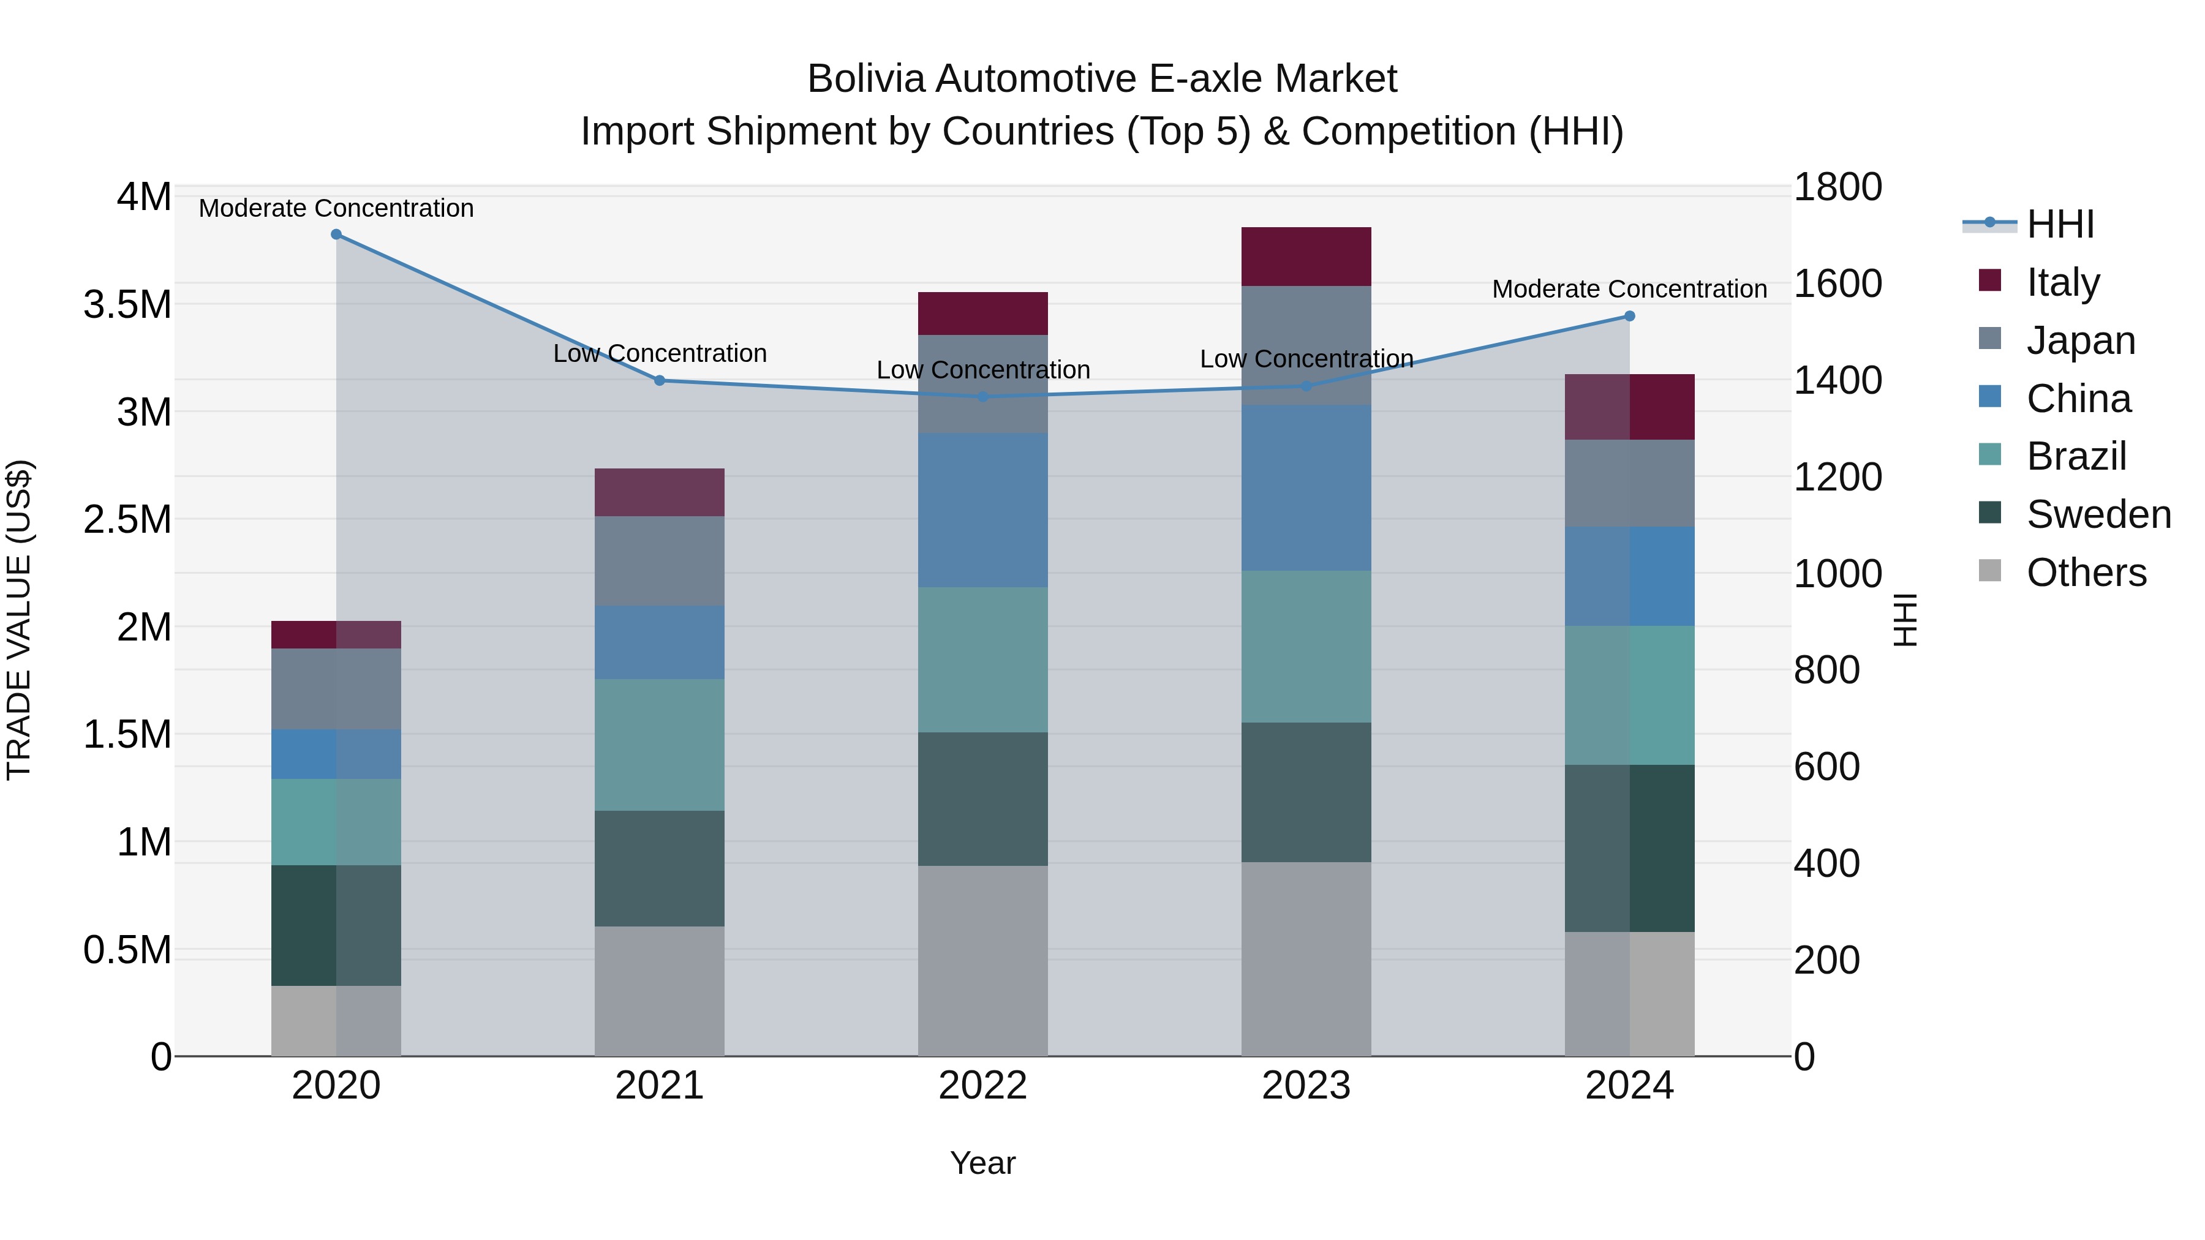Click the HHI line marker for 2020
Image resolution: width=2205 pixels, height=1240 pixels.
click(x=336, y=235)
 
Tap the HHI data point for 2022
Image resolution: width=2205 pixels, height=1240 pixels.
click(x=982, y=397)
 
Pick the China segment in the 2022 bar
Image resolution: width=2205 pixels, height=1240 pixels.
click(x=982, y=510)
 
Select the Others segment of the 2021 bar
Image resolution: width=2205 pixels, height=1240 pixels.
click(x=659, y=991)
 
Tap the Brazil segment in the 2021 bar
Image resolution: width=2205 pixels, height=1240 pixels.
click(x=659, y=745)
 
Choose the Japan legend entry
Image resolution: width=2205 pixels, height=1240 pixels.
click(x=2080, y=340)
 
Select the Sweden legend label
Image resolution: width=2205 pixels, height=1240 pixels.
click(x=2098, y=515)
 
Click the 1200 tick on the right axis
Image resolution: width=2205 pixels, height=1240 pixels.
click(x=1837, y=478)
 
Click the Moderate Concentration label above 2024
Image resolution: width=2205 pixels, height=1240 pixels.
click(x=1629, y=289)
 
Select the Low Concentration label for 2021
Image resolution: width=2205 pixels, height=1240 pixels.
click(x=659, y=353)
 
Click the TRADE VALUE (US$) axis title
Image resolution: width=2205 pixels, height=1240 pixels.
click(x=19, y=620)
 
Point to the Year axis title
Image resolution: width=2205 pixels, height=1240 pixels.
click(x=982, y=1163)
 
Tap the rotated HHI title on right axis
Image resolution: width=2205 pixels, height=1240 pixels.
click(x=1905, y=620)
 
